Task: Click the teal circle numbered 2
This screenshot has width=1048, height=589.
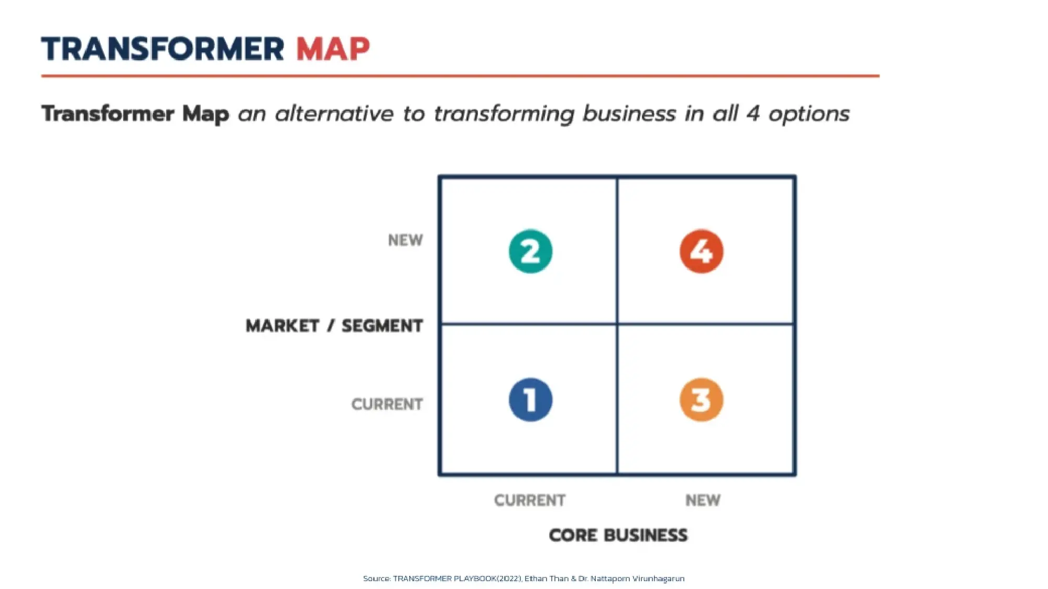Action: tap(530, 251)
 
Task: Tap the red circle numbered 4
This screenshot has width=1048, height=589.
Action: tap(701, 251)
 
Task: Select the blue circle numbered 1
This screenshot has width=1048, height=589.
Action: tap(530, 400)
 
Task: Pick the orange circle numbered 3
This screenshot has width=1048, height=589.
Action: tap(701, 400)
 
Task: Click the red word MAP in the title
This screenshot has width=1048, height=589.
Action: tap(333, 49)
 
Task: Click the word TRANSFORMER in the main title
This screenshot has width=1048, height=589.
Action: tap(162, 49)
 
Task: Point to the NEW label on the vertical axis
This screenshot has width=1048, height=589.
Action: tap(405, 240)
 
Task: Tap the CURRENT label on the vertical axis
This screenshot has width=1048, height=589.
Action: tap(387, 404)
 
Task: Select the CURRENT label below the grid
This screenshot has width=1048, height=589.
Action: tap(530, 501)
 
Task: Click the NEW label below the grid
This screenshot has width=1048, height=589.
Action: tap(703, 501)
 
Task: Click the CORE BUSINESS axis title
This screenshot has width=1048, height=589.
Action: tap(618, 535)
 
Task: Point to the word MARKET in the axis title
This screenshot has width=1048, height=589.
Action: tap(282, 326)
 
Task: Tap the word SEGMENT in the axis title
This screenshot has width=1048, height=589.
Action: tap(382, 326)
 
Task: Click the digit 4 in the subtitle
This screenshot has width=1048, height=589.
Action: tap(753, 114)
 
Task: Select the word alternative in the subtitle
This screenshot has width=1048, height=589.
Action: tap(334, 114)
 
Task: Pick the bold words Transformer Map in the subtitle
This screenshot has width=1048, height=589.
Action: tap(135, 114)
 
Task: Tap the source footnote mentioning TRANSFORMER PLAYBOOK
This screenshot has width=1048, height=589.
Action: tap(523, 579)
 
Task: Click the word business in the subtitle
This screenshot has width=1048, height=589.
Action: tap(629, 114)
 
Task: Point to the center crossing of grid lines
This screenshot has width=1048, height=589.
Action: tap(617, 324)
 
